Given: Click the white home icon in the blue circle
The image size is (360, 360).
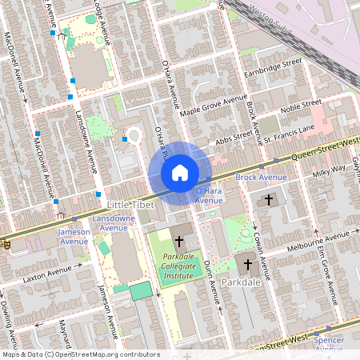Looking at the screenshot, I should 180,173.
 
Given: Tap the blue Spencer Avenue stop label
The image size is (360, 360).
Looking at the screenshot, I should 329,345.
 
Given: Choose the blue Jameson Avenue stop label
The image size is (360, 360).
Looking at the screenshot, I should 74,236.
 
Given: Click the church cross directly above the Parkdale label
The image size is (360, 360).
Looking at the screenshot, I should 247,264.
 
